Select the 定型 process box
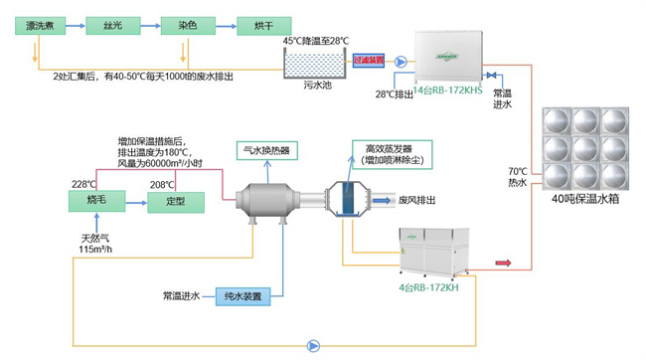[175, 202]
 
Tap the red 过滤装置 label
[369, 60]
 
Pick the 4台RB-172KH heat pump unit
[436, 254]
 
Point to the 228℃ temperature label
[83, 184]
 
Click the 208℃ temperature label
[162, 184]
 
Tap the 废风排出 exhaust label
[419, 199]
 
